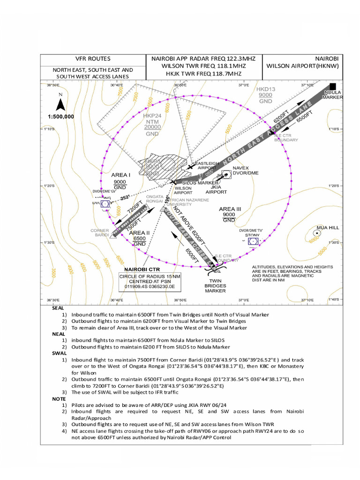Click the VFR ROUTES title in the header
(93, 59)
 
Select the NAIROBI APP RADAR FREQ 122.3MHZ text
(203, 59)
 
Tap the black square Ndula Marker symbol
(333, 86)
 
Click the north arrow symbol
(60, 104)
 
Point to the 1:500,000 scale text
(61, 116)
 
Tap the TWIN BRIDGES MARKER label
(215, 285)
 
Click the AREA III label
(230, 209)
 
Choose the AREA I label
(120, 175)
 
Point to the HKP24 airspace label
(152, 115)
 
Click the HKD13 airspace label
(265, 89)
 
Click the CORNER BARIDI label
(99, 232)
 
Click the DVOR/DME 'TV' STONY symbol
(253, 241)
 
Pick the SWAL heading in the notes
(59, 353)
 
